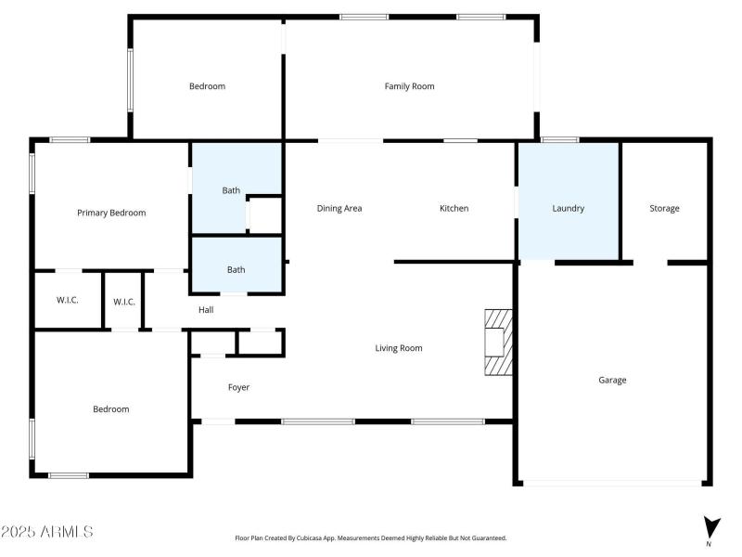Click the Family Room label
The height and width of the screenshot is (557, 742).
click(409, 86)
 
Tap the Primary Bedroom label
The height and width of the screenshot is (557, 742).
click(111, 213)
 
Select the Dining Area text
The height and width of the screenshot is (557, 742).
click(339, 208)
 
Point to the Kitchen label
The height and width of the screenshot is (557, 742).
click(454, 208)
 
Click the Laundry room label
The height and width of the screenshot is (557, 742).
click(568, 208)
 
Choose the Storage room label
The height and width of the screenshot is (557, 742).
click(664, 208)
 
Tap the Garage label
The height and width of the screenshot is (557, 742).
click(612, 380)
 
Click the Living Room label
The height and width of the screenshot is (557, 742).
click(399, 348)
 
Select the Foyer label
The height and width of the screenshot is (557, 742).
click(238, 387)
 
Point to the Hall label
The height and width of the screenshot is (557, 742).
click(206, 309)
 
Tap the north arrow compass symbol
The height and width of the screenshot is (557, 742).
click(710, 527)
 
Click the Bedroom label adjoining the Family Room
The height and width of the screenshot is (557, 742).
click(207, 86)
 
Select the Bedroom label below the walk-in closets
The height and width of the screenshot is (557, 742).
click(110, 408)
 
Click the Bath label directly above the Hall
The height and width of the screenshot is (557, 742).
click(237, 270)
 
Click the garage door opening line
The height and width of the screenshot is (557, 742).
click(612, 483)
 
